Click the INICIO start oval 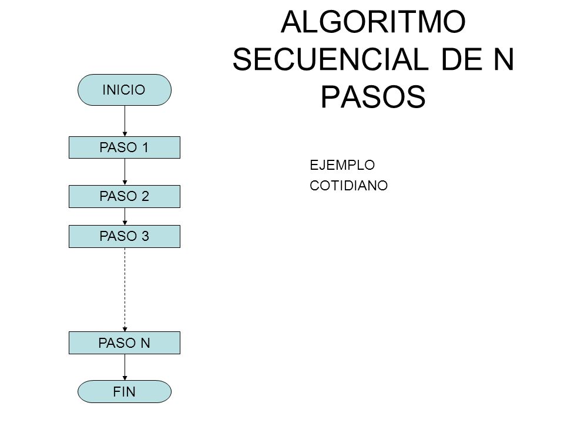124,89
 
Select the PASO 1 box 124,147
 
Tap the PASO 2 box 124,196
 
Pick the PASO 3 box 124,236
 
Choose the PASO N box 124,343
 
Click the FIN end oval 124,392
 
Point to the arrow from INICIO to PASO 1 125,120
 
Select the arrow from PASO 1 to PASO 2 125,172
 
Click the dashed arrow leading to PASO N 125,288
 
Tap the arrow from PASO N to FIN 125,367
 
